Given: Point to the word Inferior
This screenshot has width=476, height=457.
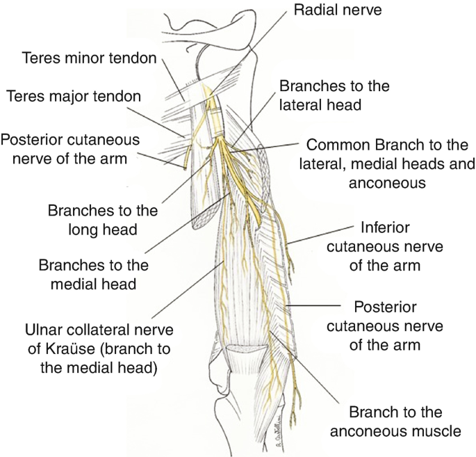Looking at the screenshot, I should tap(386, 227).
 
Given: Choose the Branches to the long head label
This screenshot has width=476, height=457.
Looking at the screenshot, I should tap(102, 218).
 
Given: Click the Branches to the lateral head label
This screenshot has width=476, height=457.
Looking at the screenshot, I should tap(334, 95).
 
